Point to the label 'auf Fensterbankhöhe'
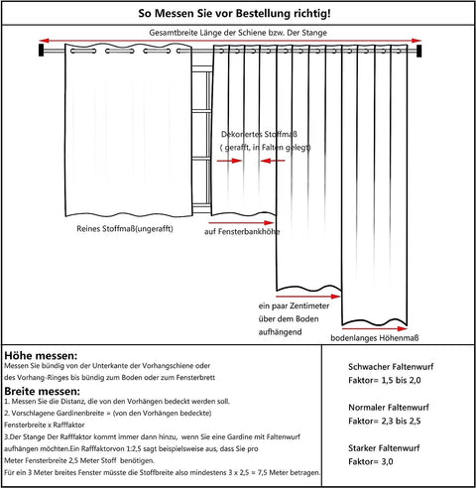240,231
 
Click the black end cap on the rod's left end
41,48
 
